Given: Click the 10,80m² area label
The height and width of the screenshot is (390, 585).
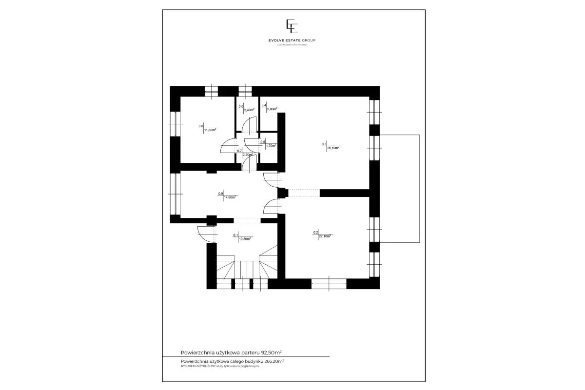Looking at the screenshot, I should (x=244, y=239).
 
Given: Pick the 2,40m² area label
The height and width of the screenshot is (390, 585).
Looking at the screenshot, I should (x=249, y=110).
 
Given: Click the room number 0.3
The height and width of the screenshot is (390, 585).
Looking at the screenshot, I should (x=323, y=144).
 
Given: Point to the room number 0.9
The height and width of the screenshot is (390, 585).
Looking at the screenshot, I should (x=221, y=194).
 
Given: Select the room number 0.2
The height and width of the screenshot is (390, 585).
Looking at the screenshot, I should (x=315, y=233).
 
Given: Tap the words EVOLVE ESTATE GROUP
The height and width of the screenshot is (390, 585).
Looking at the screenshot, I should (x=292, y=40).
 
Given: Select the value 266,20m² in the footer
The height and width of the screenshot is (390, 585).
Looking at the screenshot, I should (x=274, y=361).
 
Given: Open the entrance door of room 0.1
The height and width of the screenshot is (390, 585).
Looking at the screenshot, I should (x=207, y=234).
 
